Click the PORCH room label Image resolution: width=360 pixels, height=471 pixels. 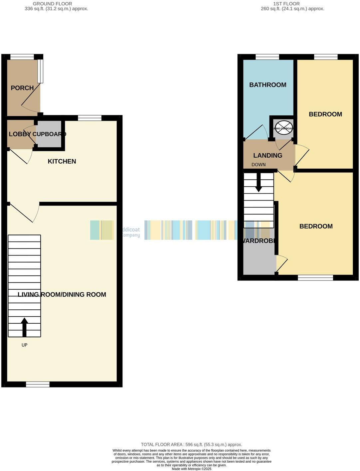click(x=22, y=88)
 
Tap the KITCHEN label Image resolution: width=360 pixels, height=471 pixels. click(x=62, y=161)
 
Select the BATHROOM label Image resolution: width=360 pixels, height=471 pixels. click(x=268, y=85)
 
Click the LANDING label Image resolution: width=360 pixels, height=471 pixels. click(x=268, y=155)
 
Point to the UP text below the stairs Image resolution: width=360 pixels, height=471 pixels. click(x=24, y=345)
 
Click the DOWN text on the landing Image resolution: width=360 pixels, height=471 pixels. click(x=259, y=165)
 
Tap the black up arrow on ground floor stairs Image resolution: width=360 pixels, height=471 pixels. click(x=24, y=327)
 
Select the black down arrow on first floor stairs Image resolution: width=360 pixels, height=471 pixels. click(x=259, y=183)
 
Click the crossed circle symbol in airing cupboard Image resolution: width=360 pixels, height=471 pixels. click(x=283, y=128)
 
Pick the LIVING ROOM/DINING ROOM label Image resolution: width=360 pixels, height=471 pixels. click(x=62, y=294)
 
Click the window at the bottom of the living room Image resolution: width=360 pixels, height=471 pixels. click(x=38, y=385)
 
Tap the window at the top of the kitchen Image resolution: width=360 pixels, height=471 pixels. click(x=90, y=118)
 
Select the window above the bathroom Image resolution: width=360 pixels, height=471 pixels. click(x=267, y=57)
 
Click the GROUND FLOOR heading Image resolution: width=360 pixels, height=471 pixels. click(x=52, y=4)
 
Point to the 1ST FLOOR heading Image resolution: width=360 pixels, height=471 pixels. click(x=286, y=4)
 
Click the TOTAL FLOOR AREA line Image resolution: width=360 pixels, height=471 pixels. click(x=191, y=444)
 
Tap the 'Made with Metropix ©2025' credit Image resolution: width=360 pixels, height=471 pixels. click(x=191, y=469)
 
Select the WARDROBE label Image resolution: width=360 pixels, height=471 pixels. click(x=259, y=241)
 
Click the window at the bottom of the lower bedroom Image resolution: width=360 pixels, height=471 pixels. click(x=315, y=278)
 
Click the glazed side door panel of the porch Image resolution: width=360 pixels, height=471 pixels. click(x=40, y=71)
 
